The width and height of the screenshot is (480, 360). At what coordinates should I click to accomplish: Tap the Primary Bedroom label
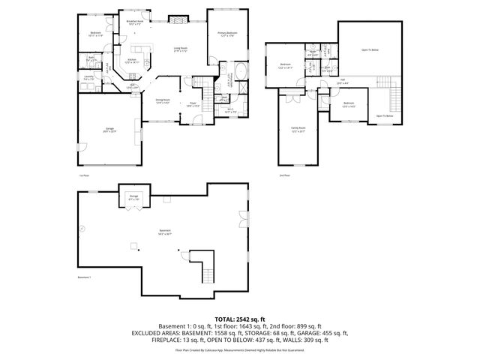pos(228,34)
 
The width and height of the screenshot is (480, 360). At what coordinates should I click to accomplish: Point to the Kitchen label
pos(132,61)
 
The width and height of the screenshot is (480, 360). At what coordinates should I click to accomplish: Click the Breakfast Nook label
pos(135,23)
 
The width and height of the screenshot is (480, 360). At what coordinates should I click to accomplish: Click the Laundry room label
pos(88,78)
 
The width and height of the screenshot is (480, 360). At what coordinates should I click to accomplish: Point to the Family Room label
pos(298,130)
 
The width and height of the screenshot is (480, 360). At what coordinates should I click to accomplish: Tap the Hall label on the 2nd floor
pos(342,81)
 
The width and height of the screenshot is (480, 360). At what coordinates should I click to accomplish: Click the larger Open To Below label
pos(370,50)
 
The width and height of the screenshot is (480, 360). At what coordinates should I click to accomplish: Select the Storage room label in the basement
pos(133,197)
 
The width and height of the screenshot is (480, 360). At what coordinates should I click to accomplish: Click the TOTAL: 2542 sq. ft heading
pos(239,318)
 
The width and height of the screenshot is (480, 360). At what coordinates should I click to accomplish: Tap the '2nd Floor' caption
pos(284,175)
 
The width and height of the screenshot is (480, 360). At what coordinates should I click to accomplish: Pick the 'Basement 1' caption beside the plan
pos(84,277)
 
